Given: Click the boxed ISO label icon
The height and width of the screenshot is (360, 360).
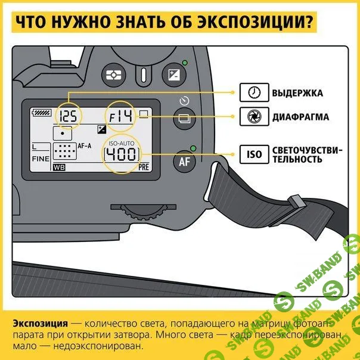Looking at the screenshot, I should tap(253, 155).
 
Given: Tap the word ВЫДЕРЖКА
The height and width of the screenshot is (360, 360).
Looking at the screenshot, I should tap(297, 93).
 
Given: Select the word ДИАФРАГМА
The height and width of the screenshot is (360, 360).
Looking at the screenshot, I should tap(300, 117).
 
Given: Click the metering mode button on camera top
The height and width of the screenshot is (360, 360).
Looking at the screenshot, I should tap(113, 75).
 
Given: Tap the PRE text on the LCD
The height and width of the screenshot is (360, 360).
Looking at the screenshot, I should tap(143, 167).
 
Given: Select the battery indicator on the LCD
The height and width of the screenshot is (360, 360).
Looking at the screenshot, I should tap(43, 111).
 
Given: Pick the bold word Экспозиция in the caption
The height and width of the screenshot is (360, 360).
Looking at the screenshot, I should tap(39, 322).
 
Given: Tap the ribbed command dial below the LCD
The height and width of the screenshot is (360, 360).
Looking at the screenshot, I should tap(144, 213).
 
